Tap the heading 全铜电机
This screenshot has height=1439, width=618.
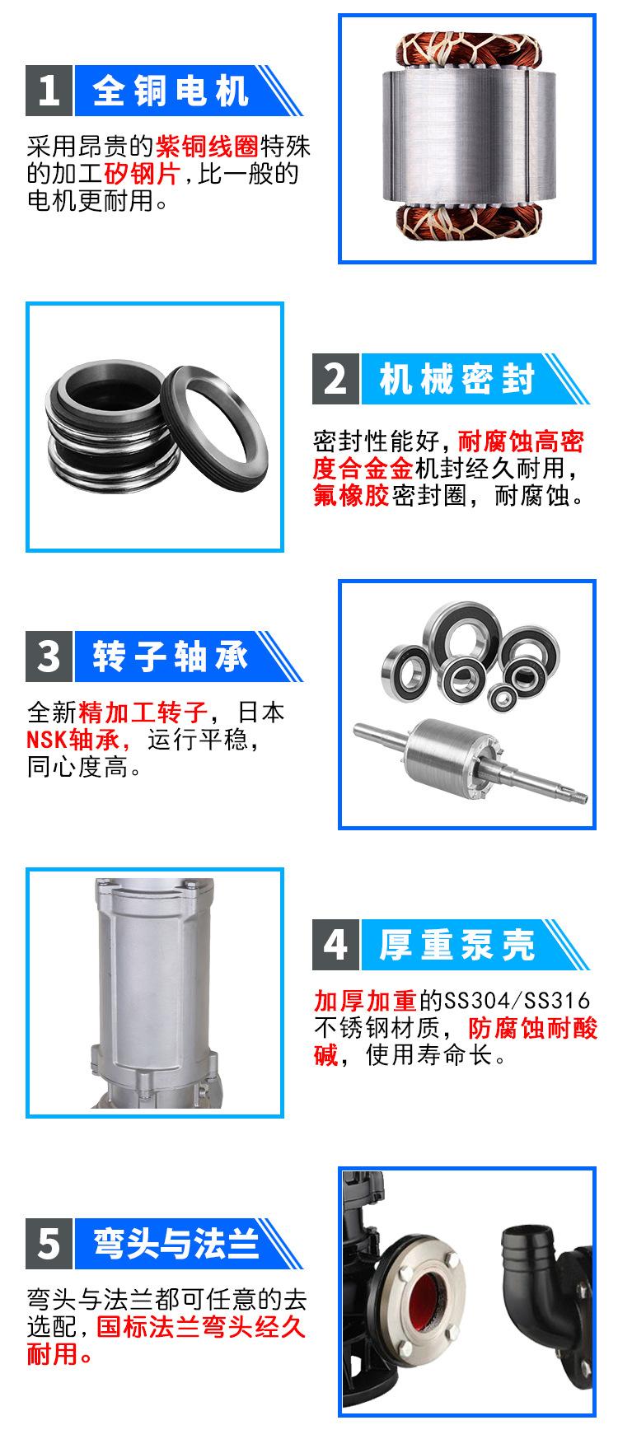point(170,90)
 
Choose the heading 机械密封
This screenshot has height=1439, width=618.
point(456,380)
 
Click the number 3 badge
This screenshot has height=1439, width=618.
point(49,656)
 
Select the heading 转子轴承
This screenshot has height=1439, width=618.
point(170,656)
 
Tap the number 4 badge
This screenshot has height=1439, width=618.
point(335,944)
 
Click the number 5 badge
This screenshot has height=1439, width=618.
point(49,1243)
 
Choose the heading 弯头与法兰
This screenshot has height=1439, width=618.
point(176,1243)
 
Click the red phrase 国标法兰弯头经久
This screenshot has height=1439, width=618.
point(202,1327)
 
